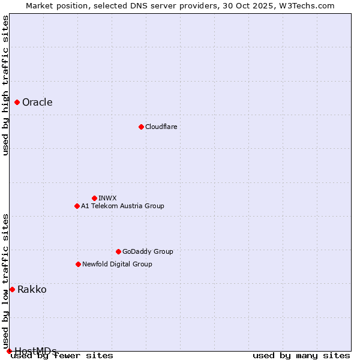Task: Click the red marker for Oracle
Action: (17, 103)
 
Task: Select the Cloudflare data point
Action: (141, 127)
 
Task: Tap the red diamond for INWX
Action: (94, 198)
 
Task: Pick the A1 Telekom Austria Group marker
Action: (77, 206)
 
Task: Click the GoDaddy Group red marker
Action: (118, 251)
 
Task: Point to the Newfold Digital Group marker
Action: (78, 264)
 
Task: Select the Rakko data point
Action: (12, 289)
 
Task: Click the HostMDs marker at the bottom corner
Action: (9, 351)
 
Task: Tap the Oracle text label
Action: (37, 103)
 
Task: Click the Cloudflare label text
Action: (161, 127)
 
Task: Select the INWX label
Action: (107, 198)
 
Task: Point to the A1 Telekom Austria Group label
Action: (122, 206)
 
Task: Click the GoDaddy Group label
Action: (148, 251)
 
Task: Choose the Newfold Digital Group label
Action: (117, 264)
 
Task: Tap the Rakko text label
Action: (32, 290)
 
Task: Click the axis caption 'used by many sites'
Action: (301, 355)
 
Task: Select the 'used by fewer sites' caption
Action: (62, 355)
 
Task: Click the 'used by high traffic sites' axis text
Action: (5, 85)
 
